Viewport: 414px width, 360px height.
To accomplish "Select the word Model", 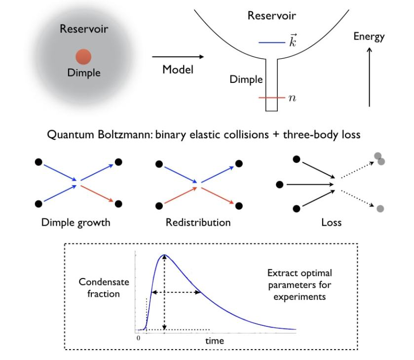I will coord(178,71).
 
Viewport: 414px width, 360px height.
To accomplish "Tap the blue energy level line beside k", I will coord(271,43).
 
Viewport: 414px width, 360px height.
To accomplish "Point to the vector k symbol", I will coord(293,41).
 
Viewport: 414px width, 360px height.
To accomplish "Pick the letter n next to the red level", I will coord(292,98).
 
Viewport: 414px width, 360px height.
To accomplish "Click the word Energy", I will coord(369,37).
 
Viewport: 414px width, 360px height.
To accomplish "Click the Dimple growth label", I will coord(75,222).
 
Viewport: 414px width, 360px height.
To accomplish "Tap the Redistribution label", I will coord(198,222).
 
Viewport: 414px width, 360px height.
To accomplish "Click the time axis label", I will coord(214,341).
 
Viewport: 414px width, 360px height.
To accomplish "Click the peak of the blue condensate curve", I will coord(165,255).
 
